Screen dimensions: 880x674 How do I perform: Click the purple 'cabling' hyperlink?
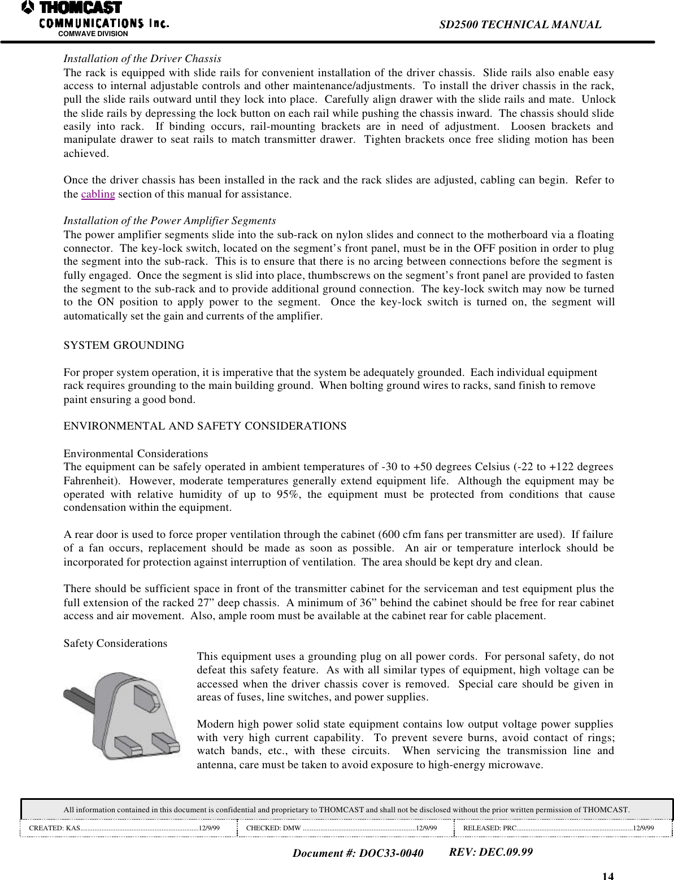coord(98,195)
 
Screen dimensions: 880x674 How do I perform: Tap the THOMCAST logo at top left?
coord(72,8)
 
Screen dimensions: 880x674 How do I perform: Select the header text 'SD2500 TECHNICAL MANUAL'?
coord(520,25)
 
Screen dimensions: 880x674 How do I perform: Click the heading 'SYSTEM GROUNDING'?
coord(124,345)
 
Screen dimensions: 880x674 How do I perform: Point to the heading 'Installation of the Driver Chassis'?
coord(142,59)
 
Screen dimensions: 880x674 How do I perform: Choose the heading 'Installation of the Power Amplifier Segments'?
coord(169,220)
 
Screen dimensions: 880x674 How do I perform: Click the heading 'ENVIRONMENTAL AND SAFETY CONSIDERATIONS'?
coord(205,426)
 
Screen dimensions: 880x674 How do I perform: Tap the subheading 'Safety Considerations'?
coord(115,643)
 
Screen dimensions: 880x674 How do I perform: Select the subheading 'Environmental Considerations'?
coord(136,454)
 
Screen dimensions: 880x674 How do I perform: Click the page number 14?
coord(607,875)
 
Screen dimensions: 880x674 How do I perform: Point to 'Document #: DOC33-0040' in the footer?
coord(358,853)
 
